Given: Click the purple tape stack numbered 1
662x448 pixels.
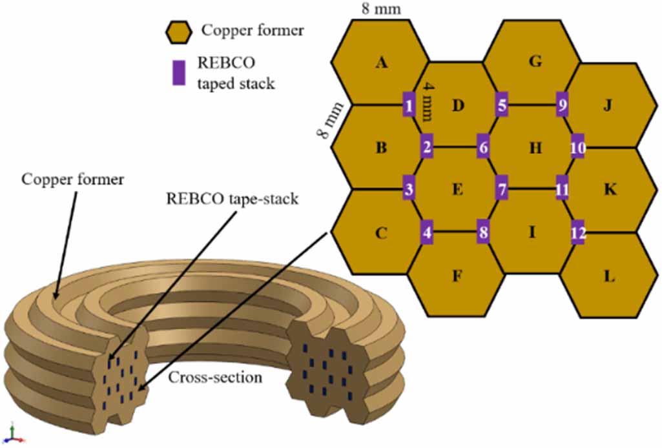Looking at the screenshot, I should (x=408, y=104).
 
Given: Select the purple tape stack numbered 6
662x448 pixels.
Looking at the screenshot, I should (x=483, y=147).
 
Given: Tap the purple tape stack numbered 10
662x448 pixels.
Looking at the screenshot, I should (x=578, y=147).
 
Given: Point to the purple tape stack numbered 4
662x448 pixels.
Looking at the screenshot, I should (x=427, y=232).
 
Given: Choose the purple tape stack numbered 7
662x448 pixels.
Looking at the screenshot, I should (x=501, y=189).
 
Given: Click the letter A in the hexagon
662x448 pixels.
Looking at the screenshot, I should (x=381, y=63).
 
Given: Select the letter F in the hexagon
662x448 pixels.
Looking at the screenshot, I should (x=457, y=277).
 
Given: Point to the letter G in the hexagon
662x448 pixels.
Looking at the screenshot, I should (x=534, y=62).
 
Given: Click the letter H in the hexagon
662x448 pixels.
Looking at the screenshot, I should (x=535, y=148).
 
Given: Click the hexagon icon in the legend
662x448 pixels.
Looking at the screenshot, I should (x=178, y=30).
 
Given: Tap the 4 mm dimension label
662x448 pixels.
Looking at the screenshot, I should (x=426, y=99).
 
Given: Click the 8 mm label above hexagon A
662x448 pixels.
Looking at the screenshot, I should (x=382, y=8).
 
